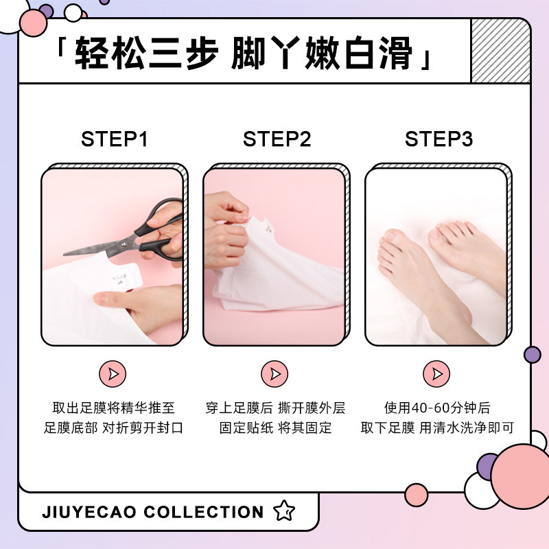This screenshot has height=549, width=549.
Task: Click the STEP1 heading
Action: tap(115, 139)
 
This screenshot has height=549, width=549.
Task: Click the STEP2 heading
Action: tap(277, 139)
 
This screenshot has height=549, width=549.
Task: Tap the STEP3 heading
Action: tap(439, 139)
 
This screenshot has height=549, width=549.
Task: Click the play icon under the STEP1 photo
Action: tap(113, 373)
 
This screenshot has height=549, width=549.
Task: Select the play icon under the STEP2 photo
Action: tap(274, 373)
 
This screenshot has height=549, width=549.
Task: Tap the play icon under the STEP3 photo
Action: tap(436, 373)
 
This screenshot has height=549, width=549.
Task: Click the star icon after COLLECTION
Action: tap(283, 512)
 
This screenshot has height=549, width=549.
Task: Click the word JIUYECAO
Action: tap(89, 513)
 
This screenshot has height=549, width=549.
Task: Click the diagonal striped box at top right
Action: tap(500, 51)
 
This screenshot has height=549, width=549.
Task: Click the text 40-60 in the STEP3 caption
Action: tap(427, 408)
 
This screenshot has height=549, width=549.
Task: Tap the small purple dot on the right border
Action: tap(532, 355)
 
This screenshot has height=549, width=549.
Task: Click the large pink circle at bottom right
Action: tap(520, 476)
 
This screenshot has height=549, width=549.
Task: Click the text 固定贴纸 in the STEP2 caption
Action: tap(246, 428)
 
